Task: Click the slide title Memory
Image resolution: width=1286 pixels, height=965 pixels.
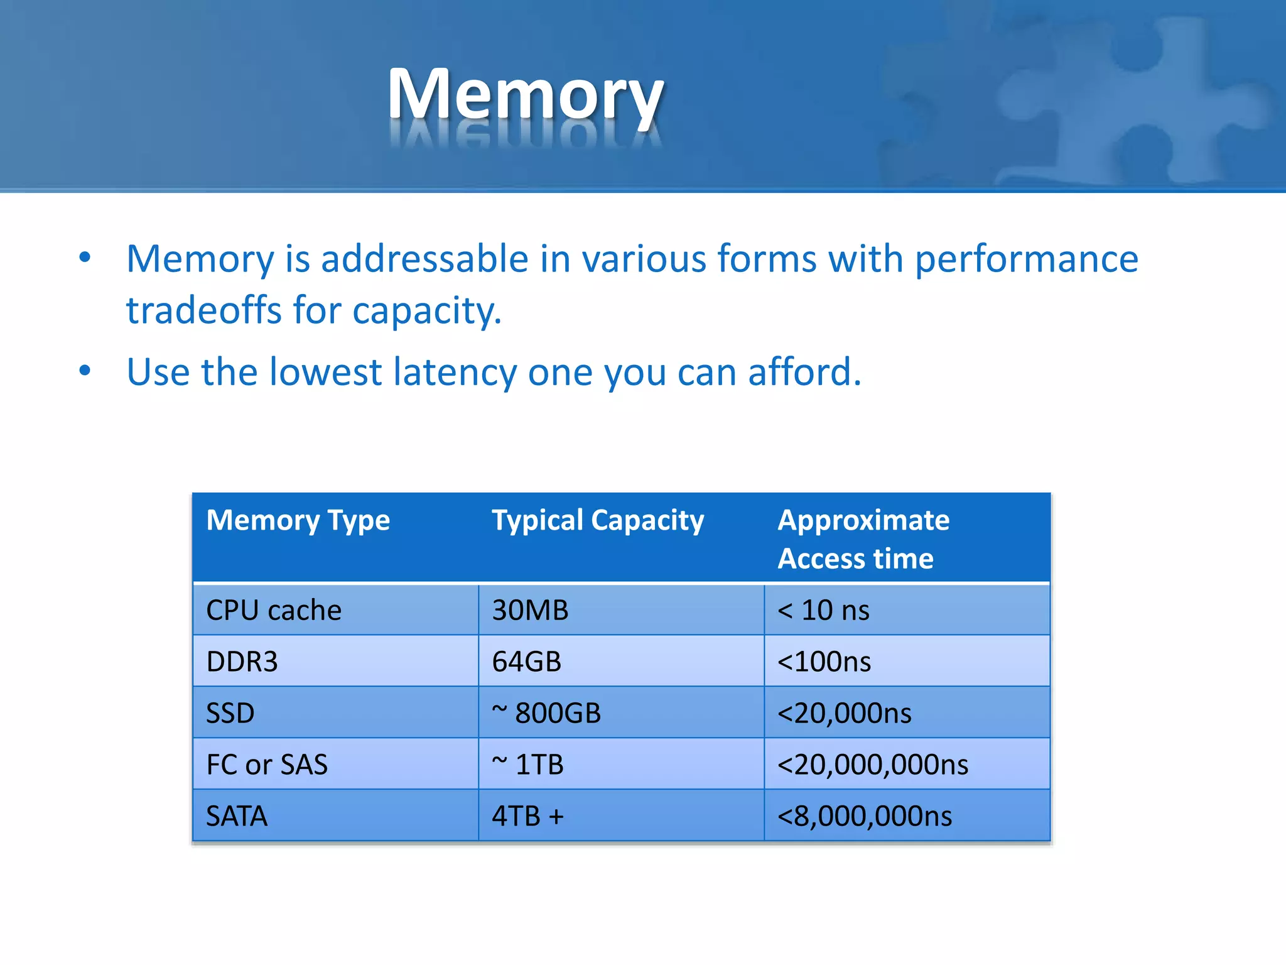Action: point(526,94)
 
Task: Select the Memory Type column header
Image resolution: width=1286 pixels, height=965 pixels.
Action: point(298,520)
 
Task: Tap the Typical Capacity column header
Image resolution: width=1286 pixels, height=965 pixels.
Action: point(598,520)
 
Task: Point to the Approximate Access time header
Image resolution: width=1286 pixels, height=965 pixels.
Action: point(863,539)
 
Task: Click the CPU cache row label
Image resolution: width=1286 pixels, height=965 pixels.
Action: point(274,610)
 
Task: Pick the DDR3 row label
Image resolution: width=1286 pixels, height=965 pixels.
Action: point(242,662)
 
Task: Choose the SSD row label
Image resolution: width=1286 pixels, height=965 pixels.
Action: point(230,713)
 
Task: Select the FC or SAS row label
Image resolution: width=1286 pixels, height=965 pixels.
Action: point(267,765)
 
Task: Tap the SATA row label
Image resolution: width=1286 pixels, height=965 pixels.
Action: point(237,816)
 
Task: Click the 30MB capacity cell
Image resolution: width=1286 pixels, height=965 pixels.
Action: point(530,610)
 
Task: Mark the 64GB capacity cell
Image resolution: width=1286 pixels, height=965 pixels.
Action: point(526,662)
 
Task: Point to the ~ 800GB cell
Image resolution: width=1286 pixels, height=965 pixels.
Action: point(546,713)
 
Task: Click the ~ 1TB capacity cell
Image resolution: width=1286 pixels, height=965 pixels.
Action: point(527,765)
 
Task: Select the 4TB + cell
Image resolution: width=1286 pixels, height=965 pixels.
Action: point(527,816)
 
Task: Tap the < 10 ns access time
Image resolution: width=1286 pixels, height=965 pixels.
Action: point(823,610)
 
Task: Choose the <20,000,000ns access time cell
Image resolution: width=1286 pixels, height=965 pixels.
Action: point(873,765)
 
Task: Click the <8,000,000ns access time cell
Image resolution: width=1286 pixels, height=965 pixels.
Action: point(865,816)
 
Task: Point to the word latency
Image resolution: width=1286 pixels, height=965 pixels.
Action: point(455,372)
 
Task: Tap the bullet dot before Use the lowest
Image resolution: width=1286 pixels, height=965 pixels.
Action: point(85,371)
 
